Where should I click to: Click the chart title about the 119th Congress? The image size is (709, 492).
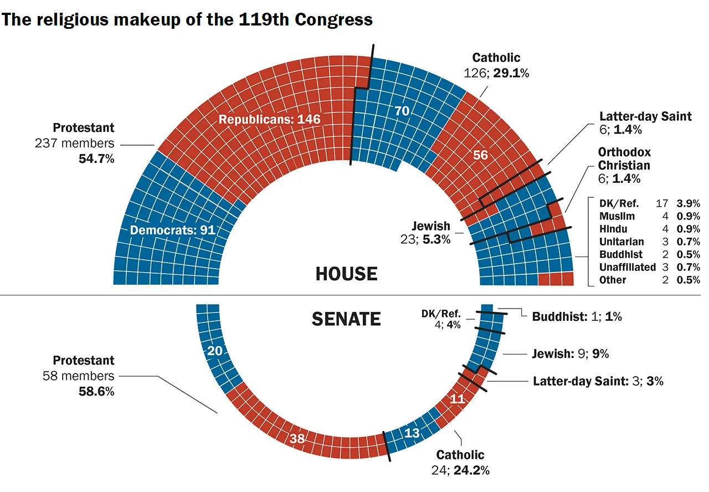187,19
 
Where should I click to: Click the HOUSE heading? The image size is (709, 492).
346,274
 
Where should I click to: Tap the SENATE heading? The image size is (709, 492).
346,319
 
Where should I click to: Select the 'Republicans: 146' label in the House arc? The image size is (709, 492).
269,119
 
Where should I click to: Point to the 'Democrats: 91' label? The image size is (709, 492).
172,230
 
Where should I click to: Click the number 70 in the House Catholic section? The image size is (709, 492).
402,111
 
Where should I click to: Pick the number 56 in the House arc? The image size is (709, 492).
480,155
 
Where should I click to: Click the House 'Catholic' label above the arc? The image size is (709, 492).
496,58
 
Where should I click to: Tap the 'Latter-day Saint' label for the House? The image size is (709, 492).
645,116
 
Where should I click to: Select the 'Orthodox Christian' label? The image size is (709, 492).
624,158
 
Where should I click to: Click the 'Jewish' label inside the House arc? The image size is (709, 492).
431,226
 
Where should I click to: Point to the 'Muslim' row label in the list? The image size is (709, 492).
617,216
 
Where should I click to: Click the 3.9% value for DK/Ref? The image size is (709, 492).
689,203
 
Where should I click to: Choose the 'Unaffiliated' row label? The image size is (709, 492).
628,267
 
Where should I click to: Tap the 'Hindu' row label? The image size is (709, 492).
613,229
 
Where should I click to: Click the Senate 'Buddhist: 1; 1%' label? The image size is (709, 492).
577,317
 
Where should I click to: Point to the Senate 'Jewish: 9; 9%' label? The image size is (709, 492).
570,353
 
